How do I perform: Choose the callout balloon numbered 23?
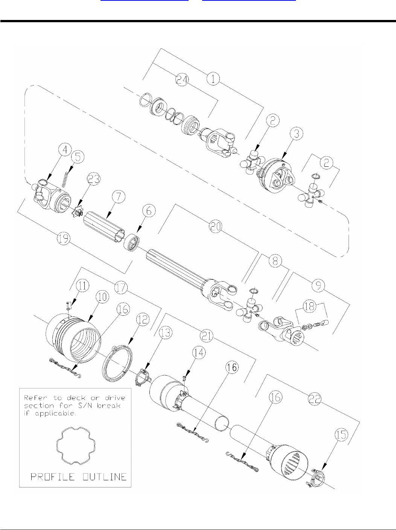(x=94, y=180)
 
